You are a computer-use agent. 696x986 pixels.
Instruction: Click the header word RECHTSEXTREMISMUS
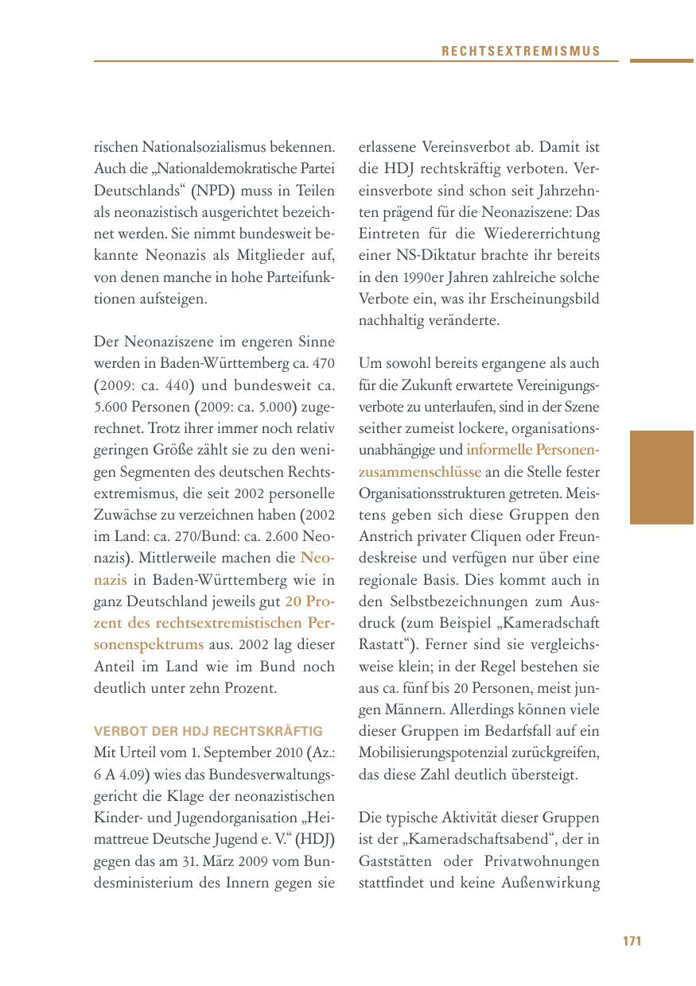pyautogui.click(x=521, y=52)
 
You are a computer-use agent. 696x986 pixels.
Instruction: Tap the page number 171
pyautogui.click(x=632, y=942)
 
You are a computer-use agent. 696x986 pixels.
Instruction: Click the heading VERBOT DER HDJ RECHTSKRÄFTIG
pyautogui.click(x=208, y=731)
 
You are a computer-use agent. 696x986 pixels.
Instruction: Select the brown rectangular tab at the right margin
pyautogui.click(x=662, y=477)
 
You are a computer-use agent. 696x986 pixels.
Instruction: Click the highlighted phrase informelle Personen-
pyautogui.click(x=533, y=450)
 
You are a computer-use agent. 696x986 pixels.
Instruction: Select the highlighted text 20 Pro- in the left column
pyautogui.click(x=310, y=601)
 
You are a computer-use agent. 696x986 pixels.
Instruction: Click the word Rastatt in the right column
pyautogui.click(x=381, y=644)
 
